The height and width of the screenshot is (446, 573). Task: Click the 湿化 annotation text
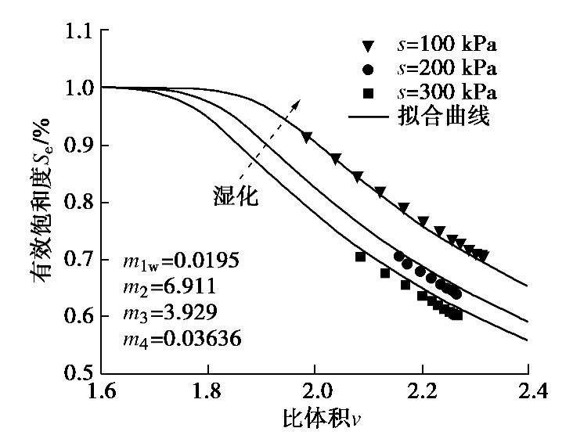pos(236,196)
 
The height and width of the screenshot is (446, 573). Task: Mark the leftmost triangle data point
pos(307,137)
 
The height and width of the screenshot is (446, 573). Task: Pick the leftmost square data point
pos(360,257)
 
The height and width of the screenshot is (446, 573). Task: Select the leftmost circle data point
pos(398,256)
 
